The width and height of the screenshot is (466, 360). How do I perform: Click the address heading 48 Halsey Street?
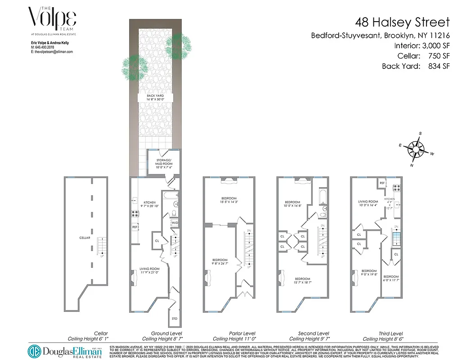click(x=402, y=22)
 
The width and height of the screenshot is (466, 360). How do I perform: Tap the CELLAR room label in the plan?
click(x=85, y=238)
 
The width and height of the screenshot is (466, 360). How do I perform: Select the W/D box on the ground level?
click(x=175, y=223)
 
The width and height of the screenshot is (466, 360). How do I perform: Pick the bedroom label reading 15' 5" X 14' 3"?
click(x=229, y=201)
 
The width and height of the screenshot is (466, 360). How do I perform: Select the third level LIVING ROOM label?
click(x=367, y=204)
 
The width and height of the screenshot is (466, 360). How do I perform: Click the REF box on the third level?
click(x=382, y=183)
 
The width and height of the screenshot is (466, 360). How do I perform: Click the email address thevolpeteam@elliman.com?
click(x=51, y=52)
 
